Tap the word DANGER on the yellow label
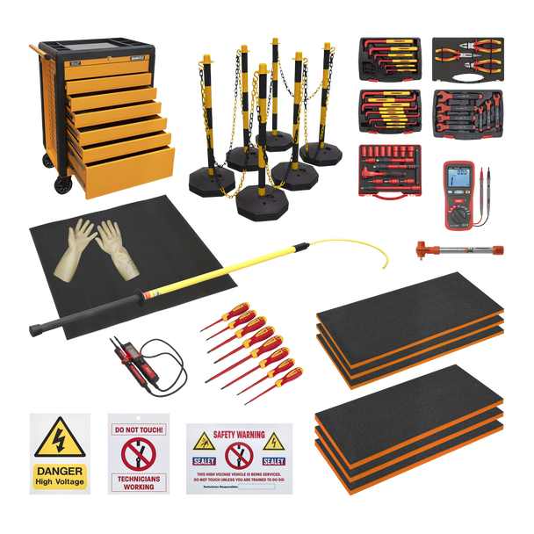[60, 471]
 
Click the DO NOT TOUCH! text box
[139, 430]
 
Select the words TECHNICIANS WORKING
[139, 482]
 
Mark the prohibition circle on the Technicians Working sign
[139, 455]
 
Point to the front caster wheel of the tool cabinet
[63, 185]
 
